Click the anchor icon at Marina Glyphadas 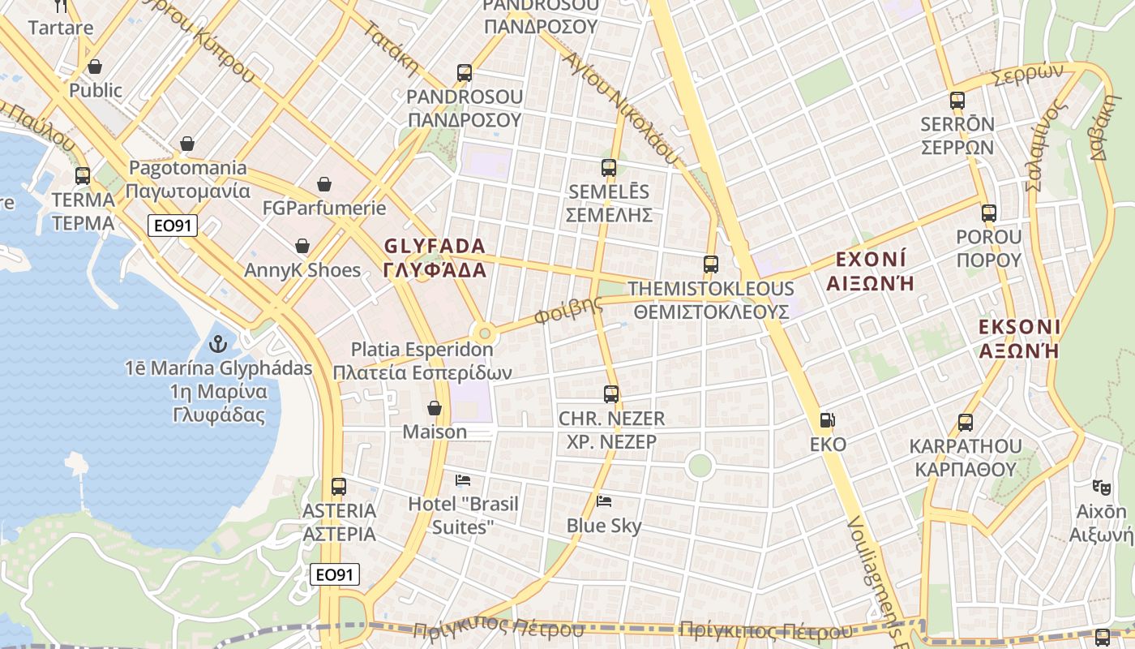tap(217, 344)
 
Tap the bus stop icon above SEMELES tap(609, 168)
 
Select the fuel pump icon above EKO tap(828, 420)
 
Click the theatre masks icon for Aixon tap(1100, 488)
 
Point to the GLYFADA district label tap(435, 258)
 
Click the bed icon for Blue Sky tap(604, 501)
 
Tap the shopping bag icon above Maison tap(435, 408)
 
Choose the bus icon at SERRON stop tap(957, 101)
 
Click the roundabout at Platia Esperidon tap(485, 333)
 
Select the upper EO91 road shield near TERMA tap(173, 226)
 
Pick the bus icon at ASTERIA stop tap(339, 487)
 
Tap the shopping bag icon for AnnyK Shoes tap(302, 246)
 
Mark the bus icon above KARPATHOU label tap(965, 423)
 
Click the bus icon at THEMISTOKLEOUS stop tap(711, 264)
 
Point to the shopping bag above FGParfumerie tap(324, 184)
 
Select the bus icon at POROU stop tap(989, 213)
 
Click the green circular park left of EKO tap(699, 466)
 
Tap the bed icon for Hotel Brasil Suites tap(463, 480)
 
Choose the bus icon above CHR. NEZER tap(611, 394)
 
